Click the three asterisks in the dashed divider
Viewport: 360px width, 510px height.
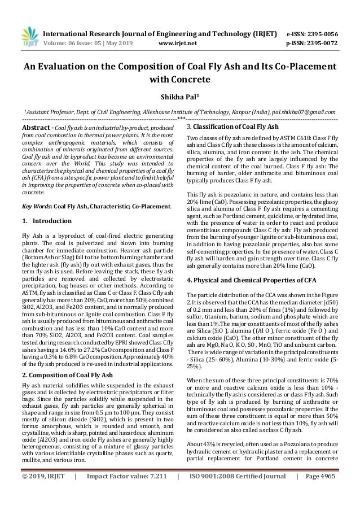click(180, 119)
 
